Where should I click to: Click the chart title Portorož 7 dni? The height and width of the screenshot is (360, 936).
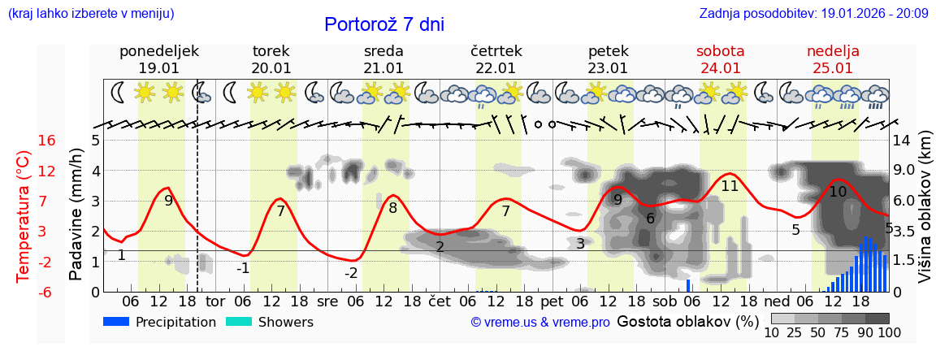(x=384, y=24)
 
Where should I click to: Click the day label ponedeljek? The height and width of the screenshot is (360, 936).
(x=159, y=51)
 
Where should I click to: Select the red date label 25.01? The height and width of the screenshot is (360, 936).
(x=833, y=68)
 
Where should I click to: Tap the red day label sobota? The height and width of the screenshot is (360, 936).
(x=720, y=51)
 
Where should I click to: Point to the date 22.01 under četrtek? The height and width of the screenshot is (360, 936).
(x=496, y=68)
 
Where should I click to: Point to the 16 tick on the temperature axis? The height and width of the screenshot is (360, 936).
(x=47, y=141)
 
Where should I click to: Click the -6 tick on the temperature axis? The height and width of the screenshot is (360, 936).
(x=47, y=292)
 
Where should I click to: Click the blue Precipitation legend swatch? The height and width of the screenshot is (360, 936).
(x=117, y=322)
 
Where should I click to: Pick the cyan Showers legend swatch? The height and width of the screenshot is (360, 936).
(x=239, y=322)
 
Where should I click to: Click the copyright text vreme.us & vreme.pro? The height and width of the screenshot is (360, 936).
(x=540, y=323)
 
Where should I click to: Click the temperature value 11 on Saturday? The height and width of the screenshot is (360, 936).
(x=730, y=186)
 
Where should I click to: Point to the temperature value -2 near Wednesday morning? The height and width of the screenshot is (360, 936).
(x=351, y=273)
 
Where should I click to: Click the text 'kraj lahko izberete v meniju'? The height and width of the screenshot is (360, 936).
(x=90, y=14)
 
